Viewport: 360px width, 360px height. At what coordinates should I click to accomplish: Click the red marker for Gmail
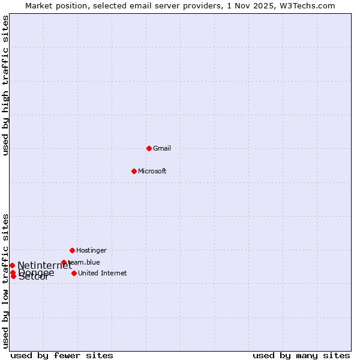(x=149, y=148)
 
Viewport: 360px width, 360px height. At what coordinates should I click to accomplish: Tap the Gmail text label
(x=162, y=149)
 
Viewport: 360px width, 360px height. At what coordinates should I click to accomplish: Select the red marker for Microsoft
(x=134, y=171)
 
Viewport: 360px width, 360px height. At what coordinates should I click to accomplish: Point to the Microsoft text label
(x=152, y=172)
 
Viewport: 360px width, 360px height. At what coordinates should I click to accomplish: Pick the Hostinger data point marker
(x=72, y=250)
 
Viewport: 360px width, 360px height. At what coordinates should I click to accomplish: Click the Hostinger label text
(x=91, y=251)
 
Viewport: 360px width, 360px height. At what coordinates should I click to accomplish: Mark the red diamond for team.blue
(x=64, y=262)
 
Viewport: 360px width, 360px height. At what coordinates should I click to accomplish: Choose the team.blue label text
(x=85, y=263)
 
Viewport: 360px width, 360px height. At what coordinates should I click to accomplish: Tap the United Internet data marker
(x=74, y=273)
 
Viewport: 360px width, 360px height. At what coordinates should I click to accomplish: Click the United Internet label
(x=103, y=274)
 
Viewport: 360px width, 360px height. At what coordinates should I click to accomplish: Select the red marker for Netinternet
(x=12, y=265)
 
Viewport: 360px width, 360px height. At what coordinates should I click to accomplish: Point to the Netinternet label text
(x=44, y=266)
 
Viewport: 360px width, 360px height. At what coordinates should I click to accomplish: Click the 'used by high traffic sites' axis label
(x=6, y=85)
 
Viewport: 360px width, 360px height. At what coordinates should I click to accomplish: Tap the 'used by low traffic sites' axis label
(x=6, y=280)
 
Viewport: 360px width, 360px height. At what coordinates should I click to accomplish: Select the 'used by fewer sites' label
(x=62, y=356)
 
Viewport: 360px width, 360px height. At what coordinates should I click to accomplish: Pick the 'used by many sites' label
(x=301, y=356)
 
